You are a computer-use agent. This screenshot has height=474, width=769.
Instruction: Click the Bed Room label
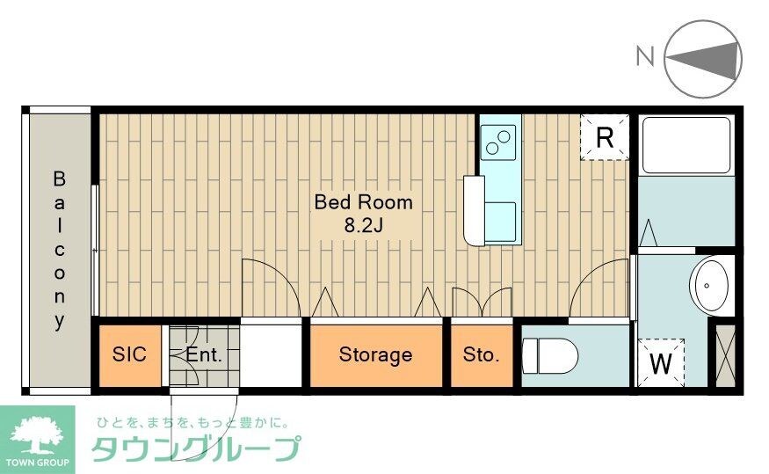pyautogui.click(x=363, y=201)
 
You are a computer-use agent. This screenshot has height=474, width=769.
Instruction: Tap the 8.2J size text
pyautogui.click(x=364, y=225)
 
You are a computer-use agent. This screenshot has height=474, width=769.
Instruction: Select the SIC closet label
pyautogui.click(x=129, y=354)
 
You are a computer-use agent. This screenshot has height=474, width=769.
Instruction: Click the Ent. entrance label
pyautogui.click(x=204, y=355)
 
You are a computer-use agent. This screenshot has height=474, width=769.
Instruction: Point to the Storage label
pyautogui.click(x=375, y=355)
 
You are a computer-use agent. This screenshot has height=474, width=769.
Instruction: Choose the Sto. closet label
pyautogui.click(x=481, y=355)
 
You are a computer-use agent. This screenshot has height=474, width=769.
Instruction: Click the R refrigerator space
pyautogui.click(x=605, y=137)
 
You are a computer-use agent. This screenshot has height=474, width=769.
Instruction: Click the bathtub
pyautogui.click(x=686, y=144)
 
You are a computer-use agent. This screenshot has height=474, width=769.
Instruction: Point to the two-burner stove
pyautogui.click(x=500, y=138)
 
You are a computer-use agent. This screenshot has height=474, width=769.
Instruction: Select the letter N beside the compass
pyautogui.click(x=645, y=57)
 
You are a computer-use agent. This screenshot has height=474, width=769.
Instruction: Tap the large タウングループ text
pyautogui.click(x=194, y=449)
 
